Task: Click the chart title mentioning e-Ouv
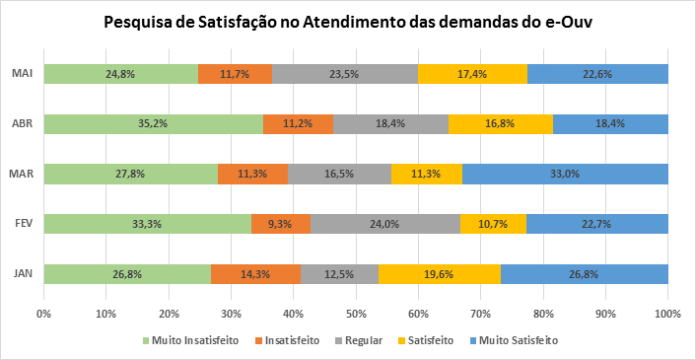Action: (x=348, y=22)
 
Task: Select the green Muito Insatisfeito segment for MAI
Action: (x=120, y=74)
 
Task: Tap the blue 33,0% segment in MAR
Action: (x=565, y=174)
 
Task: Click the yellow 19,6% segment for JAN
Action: (x=439, y=274)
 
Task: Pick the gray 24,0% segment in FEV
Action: (x=385, y=224)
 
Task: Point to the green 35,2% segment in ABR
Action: (x=153, y=123)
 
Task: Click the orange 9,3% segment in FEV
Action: (x=281, y=224)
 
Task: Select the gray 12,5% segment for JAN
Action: (x=339, y=274)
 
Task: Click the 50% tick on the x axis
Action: (x=356, y=314)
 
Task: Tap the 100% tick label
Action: (x=666, y=314)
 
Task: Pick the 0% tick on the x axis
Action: (x=43, y=314)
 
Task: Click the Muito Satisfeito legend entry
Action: (x=517, y=341)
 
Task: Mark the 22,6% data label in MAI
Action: (x=597, y=74)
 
